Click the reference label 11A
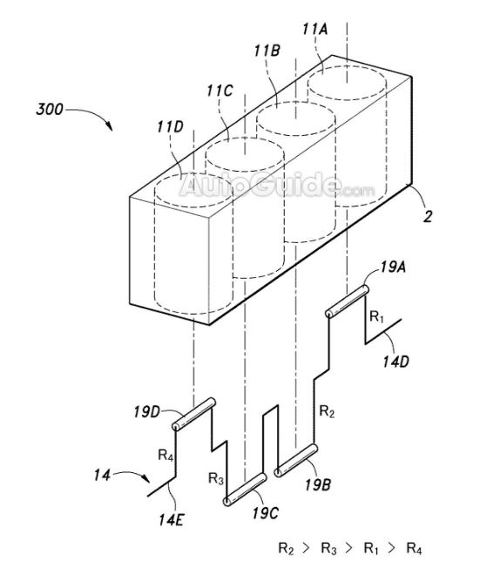coord(314,29)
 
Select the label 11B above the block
coord(267,51)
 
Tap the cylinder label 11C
coord(220,91)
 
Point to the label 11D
coord(170,126)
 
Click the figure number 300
coord(50,109)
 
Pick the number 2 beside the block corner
coord(428,216)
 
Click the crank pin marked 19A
coord(348,301)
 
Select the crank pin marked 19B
coord(296,460)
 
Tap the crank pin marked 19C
coord(245,490)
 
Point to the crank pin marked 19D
coord(193,414)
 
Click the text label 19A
coord(393,267)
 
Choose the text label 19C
coord(265,513)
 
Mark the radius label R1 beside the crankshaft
coord(376,316)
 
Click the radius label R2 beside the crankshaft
coord(327,411)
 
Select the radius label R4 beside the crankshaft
coord(166,455)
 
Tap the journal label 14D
coord(395,362)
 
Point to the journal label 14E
coord(172,519)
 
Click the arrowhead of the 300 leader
coord(109,127)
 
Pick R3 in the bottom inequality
coord(328,549)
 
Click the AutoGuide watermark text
coord(277,185)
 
